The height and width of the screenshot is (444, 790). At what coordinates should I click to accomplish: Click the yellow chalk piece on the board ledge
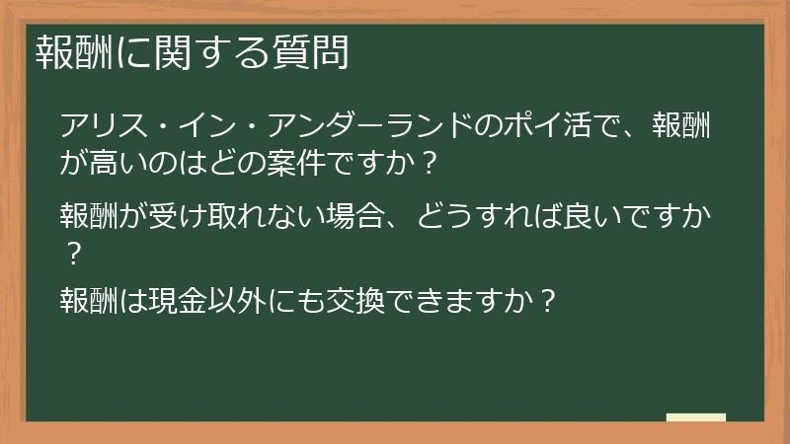point(695,417)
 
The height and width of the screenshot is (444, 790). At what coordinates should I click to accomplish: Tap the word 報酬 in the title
point(66,52)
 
